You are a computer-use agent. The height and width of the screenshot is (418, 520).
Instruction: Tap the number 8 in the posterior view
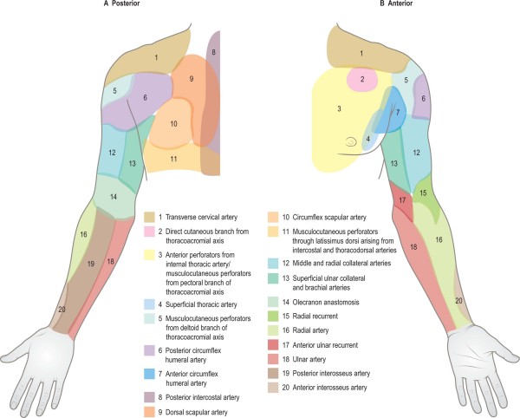(213, 53)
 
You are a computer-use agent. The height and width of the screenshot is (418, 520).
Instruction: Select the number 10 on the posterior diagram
(173, 124)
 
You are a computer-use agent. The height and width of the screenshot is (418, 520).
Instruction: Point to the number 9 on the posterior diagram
(192, 79)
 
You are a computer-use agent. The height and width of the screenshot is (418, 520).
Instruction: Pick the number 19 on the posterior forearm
(90, 264)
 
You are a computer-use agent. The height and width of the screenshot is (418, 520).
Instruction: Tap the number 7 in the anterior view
(397, 113)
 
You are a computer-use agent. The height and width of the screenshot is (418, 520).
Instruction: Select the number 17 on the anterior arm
(401, 200)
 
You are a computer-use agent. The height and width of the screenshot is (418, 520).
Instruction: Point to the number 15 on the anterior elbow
(422, 193)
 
